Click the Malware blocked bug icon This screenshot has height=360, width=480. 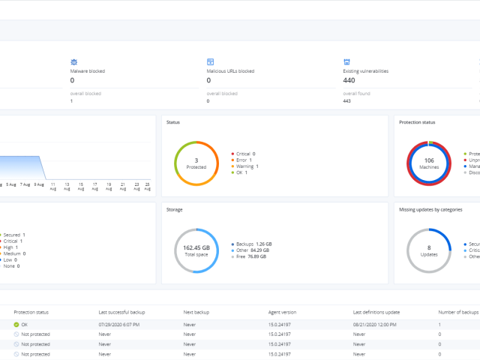click(74, 61)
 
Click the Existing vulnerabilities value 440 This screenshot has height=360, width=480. click(350, 80)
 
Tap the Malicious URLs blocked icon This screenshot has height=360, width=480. click(211, 61)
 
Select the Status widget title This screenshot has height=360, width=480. click(174, 122)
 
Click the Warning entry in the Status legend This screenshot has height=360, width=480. click(245, 166)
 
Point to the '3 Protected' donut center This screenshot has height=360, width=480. click(196, 163)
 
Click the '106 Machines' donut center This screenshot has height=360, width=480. click(429, 163)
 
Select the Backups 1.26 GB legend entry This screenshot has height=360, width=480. click(254, 244)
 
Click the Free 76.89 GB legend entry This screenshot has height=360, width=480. click(251, 256)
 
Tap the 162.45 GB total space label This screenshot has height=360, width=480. click(196, 250)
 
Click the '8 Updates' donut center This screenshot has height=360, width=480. click(429, 250)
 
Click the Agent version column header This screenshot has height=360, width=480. click(283, 311)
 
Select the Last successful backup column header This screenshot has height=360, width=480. click(121, 311)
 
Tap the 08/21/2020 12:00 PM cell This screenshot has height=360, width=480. click(375, 324)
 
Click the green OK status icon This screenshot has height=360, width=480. click(16, 324)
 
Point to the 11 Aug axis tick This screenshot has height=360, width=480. click(53, 186)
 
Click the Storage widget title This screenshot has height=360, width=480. click(175, 210)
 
